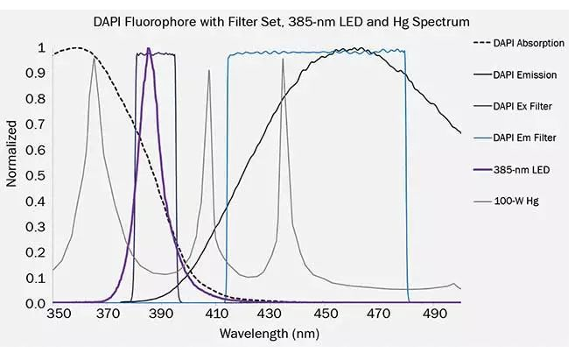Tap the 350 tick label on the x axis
coord(59,314)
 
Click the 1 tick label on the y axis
coord(41,47)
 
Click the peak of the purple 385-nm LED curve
coord(149,49)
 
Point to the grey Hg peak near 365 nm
coord(94,59)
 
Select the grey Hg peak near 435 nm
coord(283,59)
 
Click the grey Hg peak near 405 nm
coord(209,70)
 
